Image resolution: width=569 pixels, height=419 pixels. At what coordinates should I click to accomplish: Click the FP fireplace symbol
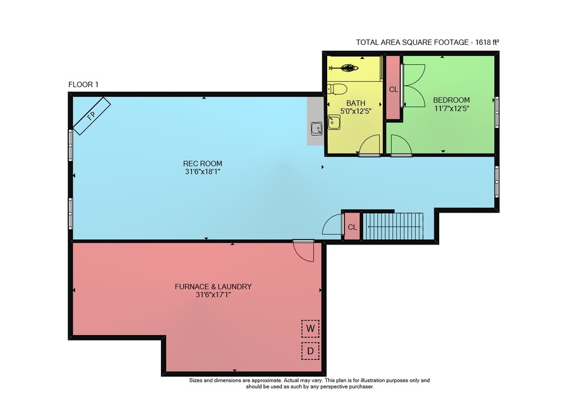click(92, 116)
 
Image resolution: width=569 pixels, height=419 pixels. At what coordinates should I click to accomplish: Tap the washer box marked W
click(310, 329)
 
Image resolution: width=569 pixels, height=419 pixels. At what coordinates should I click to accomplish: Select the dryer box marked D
click(310, 351)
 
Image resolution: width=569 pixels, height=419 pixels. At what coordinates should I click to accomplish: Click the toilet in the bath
click(337, 89)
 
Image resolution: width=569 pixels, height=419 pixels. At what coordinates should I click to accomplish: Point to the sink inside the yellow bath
click(334, 122)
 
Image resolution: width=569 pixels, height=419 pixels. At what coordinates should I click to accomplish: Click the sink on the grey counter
click(316, 128)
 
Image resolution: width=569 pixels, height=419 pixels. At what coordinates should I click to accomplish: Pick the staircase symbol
click(393, 226)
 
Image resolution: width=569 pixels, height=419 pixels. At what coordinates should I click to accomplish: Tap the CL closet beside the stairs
click(352, 227)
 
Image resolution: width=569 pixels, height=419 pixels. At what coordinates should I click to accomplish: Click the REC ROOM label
click(203, 164)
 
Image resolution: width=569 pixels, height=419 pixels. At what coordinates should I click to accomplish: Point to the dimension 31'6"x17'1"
click(213, 294)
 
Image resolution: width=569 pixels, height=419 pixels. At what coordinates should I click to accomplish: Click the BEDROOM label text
click(451, 99)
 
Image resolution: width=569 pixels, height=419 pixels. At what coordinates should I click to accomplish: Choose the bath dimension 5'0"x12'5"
click(356, 111)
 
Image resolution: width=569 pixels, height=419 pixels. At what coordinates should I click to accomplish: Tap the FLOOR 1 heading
click(83, 85)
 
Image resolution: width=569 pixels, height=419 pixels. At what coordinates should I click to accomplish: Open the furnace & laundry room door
click(304, 250)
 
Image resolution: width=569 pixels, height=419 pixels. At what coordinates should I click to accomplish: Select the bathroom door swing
click(369, 145)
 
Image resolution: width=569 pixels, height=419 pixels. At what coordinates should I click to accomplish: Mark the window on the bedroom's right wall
click(497, 112)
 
